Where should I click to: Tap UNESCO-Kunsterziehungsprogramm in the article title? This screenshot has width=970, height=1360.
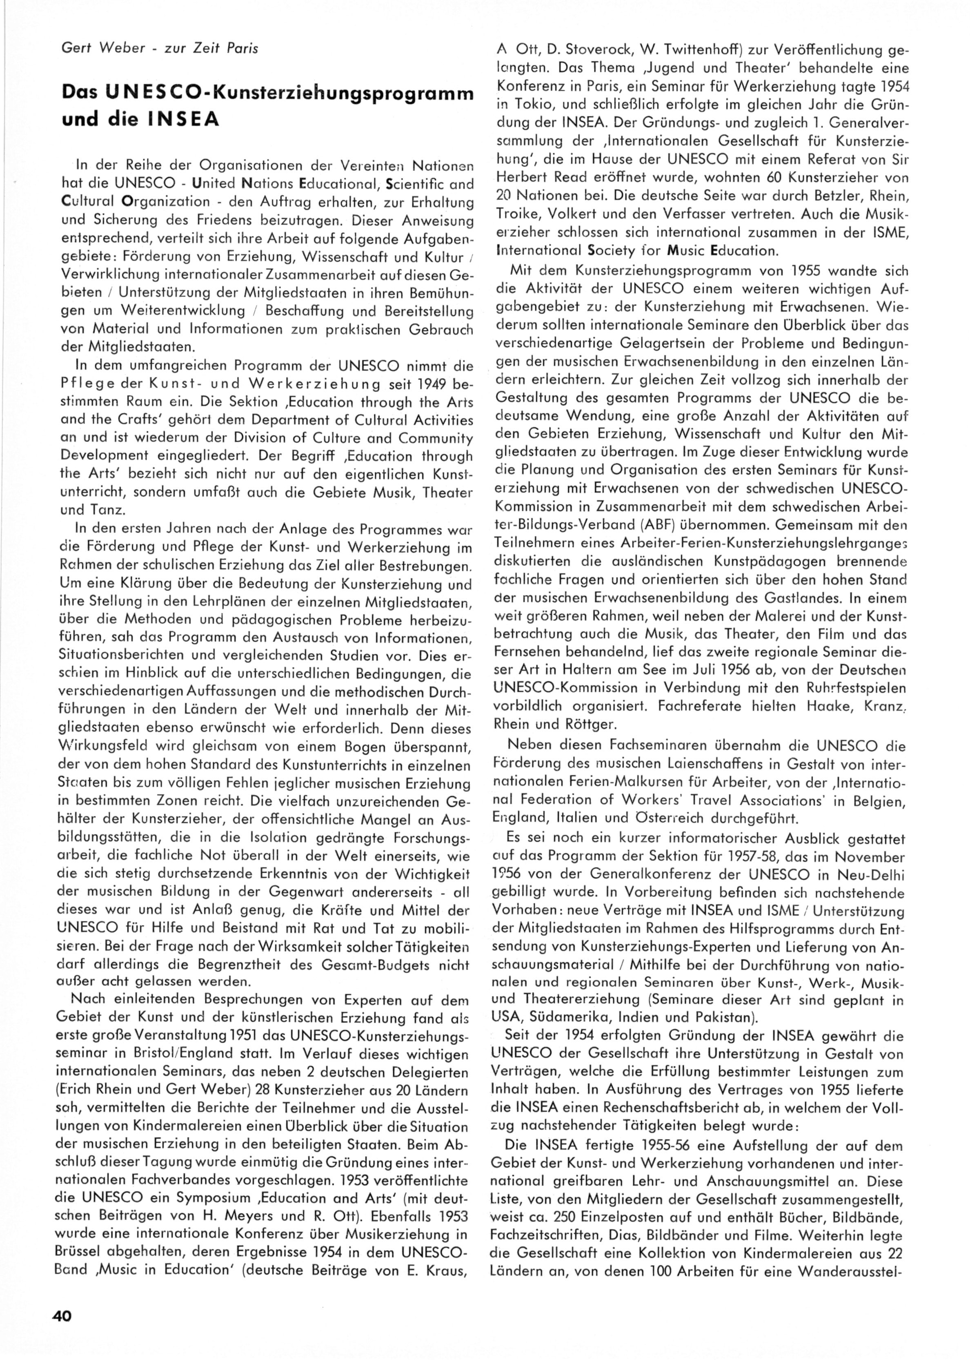(x=307, y=94)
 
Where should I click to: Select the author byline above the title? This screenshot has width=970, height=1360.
(x=160, y=49)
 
